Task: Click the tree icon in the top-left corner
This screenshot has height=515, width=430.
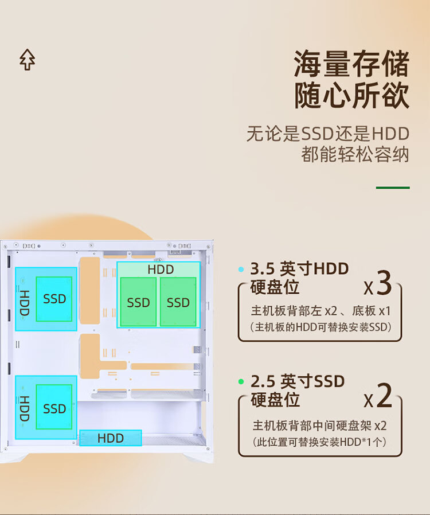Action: (27, 60)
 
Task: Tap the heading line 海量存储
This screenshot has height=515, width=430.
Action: (351, 64)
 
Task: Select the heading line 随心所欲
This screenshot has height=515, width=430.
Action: (351, 95)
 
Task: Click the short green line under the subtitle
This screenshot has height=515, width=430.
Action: (393, 188)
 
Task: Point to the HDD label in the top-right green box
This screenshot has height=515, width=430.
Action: (160, 270)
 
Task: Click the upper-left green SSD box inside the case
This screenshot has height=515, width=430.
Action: (54, 299)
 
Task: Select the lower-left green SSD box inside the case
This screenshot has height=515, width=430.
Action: (54, 408)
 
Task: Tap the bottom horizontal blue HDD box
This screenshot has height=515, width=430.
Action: (110, 438)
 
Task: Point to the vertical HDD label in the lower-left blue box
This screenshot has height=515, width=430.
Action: (24, 408)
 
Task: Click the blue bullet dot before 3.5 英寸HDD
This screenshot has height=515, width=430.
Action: (241, 269)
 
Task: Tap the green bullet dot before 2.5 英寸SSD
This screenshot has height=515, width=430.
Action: (241, 381)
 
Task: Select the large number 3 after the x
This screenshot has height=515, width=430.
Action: (384, 283)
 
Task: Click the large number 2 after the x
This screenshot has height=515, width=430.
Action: (385, 396)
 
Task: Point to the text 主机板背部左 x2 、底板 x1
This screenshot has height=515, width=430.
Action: (320, 311)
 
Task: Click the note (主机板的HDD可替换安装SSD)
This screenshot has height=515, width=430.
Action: (320, 327)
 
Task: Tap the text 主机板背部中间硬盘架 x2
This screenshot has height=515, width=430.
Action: (320, 426)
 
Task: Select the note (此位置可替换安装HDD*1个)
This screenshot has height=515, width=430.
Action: (320, 442)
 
